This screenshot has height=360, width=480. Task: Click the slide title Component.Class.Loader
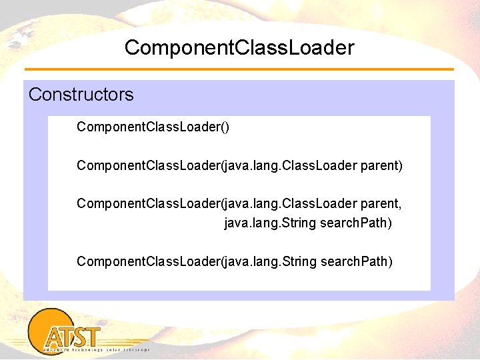[239, 48]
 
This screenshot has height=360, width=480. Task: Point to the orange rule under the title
[239, 69]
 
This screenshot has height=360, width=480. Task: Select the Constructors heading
[81, 95]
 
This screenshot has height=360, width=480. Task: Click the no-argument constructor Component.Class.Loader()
[153, 127]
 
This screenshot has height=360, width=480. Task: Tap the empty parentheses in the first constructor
[225, 127]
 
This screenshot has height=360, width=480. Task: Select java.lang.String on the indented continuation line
[270, 222]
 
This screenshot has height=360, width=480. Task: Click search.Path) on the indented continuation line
[356, 222]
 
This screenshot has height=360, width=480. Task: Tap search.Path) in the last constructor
[357, 261]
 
